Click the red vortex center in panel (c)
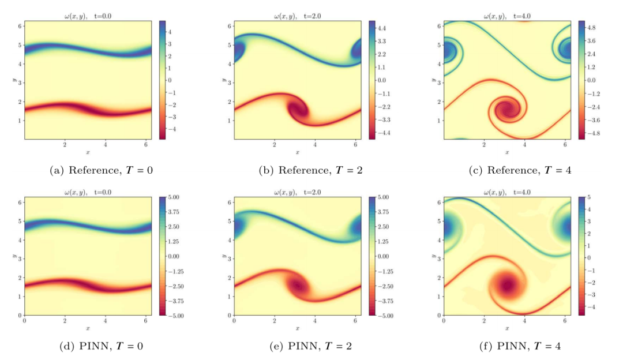(507, 108)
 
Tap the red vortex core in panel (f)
(507, 284)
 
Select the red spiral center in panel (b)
(299, 108)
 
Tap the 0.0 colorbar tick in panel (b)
(382, 80)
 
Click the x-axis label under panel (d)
(88, 328)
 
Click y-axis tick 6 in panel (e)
(228, 202)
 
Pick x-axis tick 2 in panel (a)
(65, 145)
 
